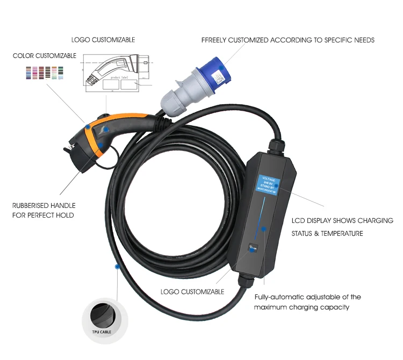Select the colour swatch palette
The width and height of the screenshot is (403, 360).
[45, 73]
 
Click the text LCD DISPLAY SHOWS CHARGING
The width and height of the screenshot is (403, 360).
[342, 220]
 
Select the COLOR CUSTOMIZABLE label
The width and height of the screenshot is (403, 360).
[45, 56]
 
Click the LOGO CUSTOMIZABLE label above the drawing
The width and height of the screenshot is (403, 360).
[103, 40]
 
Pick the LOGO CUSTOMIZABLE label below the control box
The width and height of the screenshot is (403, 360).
[192, 291]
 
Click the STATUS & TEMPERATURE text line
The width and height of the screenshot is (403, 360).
[327, 233]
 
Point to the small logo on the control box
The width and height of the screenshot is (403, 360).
[253, 248]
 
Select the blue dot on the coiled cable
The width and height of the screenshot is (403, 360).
[116, 266]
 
